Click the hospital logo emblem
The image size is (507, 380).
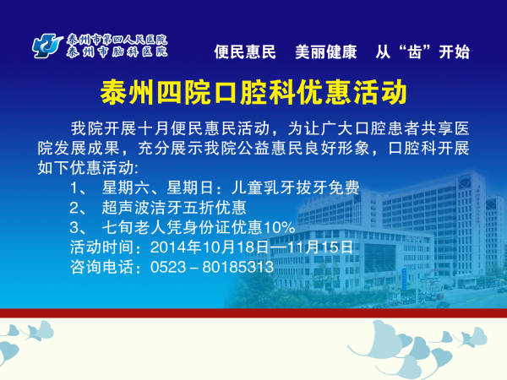click(x=47, y=46)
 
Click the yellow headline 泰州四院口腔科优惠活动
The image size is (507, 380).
click(x=253, y=92)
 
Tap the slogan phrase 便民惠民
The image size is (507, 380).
click(x=245, y=52)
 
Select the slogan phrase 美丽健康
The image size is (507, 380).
click(x=326, y=52)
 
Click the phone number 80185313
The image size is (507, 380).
click(x=238, y=267)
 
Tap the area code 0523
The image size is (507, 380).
click(x=168, y=267)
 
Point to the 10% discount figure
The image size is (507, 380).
click(x=280, y=227)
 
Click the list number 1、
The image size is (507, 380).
click(x=78, y=187)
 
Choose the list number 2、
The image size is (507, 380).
click(x=78, y=208)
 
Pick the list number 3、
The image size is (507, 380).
click(x=78, y=227)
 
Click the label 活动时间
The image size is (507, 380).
click(x=101, y=247)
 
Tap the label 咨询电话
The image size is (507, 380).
click(x=101, y=267)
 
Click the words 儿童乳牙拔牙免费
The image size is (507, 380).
click(x=295, y=187)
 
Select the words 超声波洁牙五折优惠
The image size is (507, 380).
click(x=174, y=208)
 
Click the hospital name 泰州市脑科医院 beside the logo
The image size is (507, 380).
click(x=117, y=52)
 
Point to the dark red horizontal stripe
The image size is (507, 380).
click(x=253, y=313)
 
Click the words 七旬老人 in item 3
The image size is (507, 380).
click(x=134, y=227)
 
